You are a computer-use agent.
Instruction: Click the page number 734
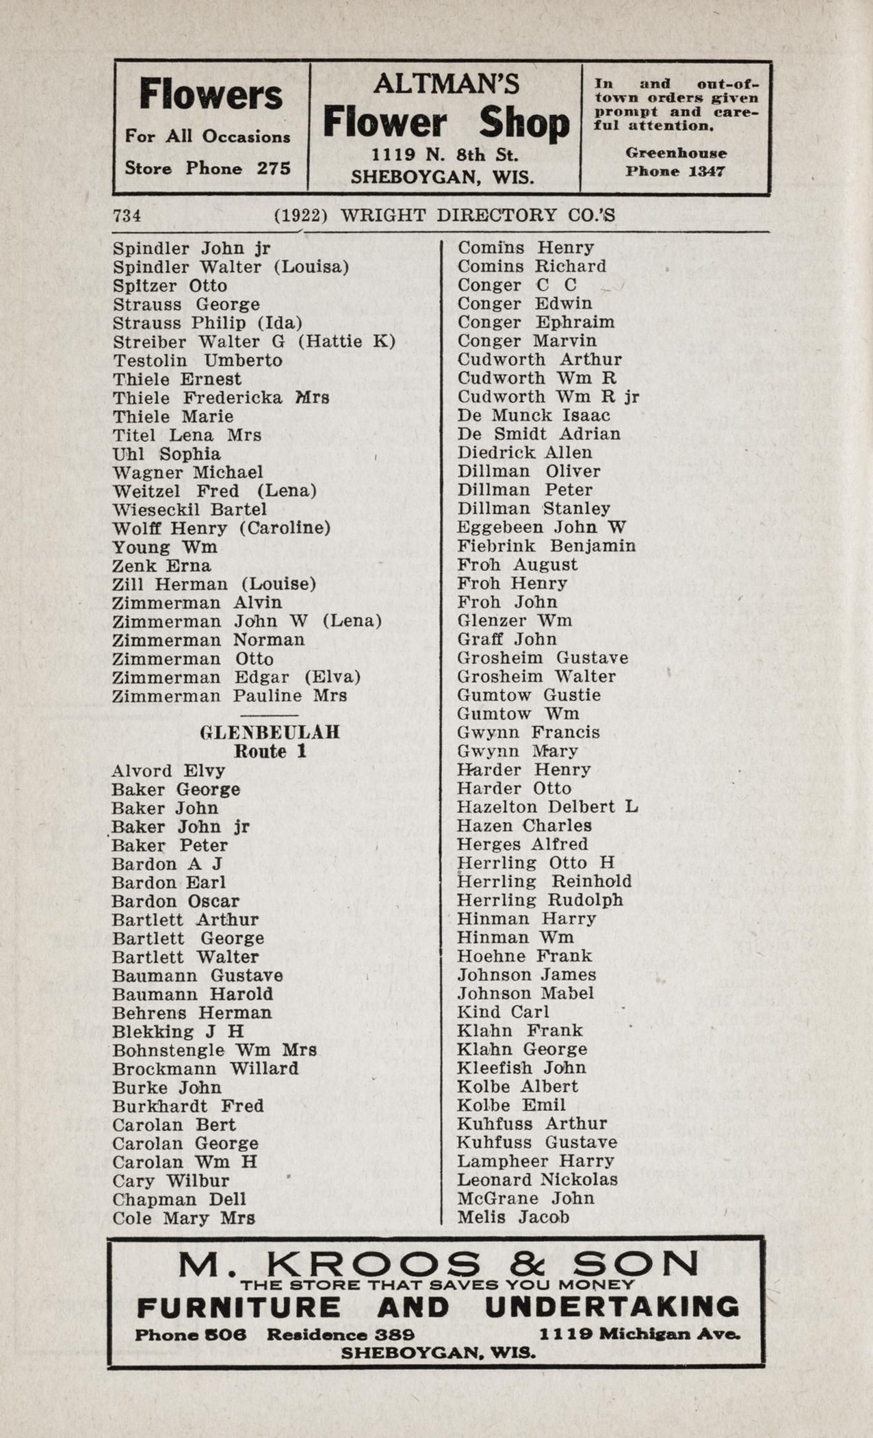coord(127,216)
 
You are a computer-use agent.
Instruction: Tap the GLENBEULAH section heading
coord(270,732)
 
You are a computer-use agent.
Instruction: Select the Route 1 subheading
coord(270,752)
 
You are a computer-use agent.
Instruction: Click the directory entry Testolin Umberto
coord(197,361)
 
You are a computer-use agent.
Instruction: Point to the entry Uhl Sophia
coord(166,454)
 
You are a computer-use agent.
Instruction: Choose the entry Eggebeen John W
coord(541,527)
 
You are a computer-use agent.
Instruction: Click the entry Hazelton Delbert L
coord(547,807)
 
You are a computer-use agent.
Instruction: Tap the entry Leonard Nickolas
coord(537,1179)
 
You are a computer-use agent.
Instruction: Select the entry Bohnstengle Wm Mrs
coord(214,1050)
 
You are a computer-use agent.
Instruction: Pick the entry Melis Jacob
coord(513,1217)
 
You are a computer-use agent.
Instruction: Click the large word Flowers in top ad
coord(211,94)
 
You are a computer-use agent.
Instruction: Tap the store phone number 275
coord(274,168)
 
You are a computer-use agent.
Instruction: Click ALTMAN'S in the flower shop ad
coord(446,84)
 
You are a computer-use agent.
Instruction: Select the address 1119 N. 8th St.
coord(445,155)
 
